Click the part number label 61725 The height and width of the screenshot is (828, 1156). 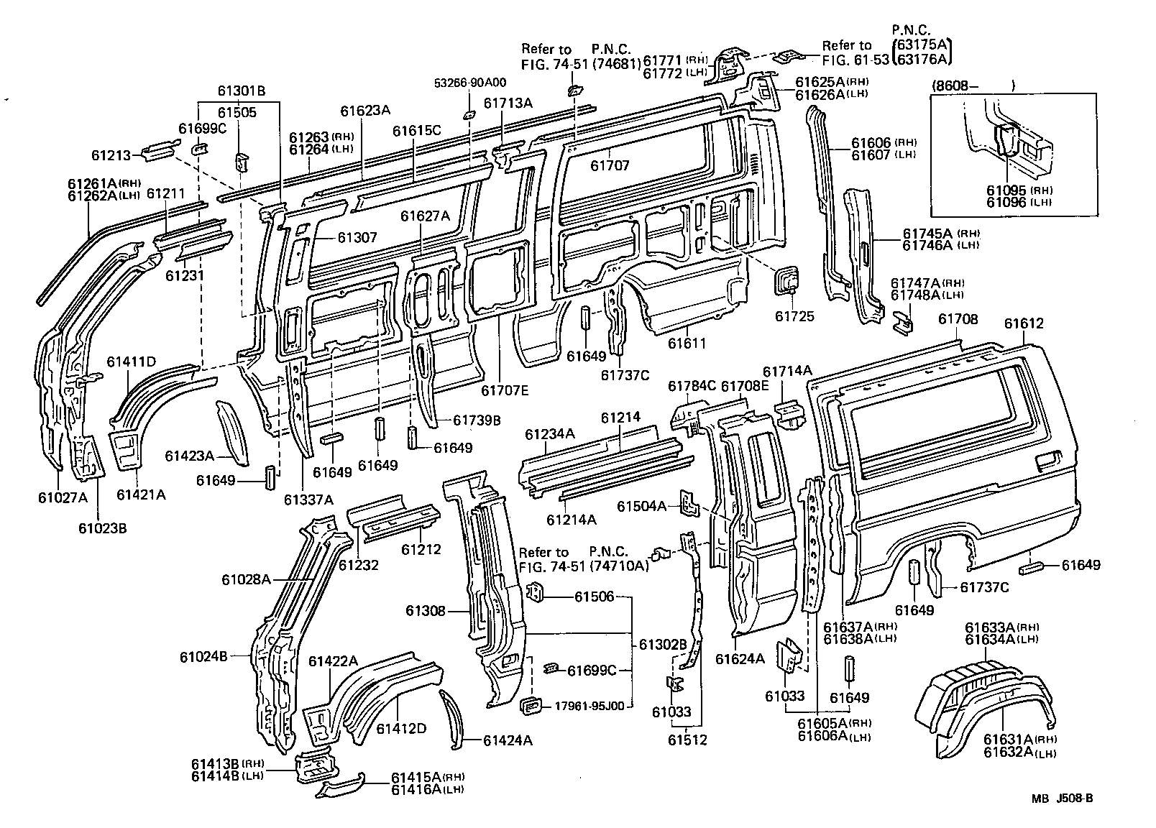click(x=794, y=316)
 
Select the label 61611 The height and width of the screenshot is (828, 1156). click(x=687, y=344)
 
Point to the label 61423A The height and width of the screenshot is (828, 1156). click(x=190, y=456)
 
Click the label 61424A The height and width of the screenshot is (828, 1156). click(x=508, y=740)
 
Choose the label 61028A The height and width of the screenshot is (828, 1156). click(x=246, y=579)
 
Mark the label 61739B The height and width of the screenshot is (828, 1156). click(x=477, y=420)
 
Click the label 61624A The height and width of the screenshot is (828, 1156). click(x=740, y=658)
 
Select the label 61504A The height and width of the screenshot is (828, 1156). click(x=642, y=506)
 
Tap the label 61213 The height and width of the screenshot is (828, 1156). click(x=111, y=155)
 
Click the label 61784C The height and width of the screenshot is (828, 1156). click(x=692, y=387)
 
